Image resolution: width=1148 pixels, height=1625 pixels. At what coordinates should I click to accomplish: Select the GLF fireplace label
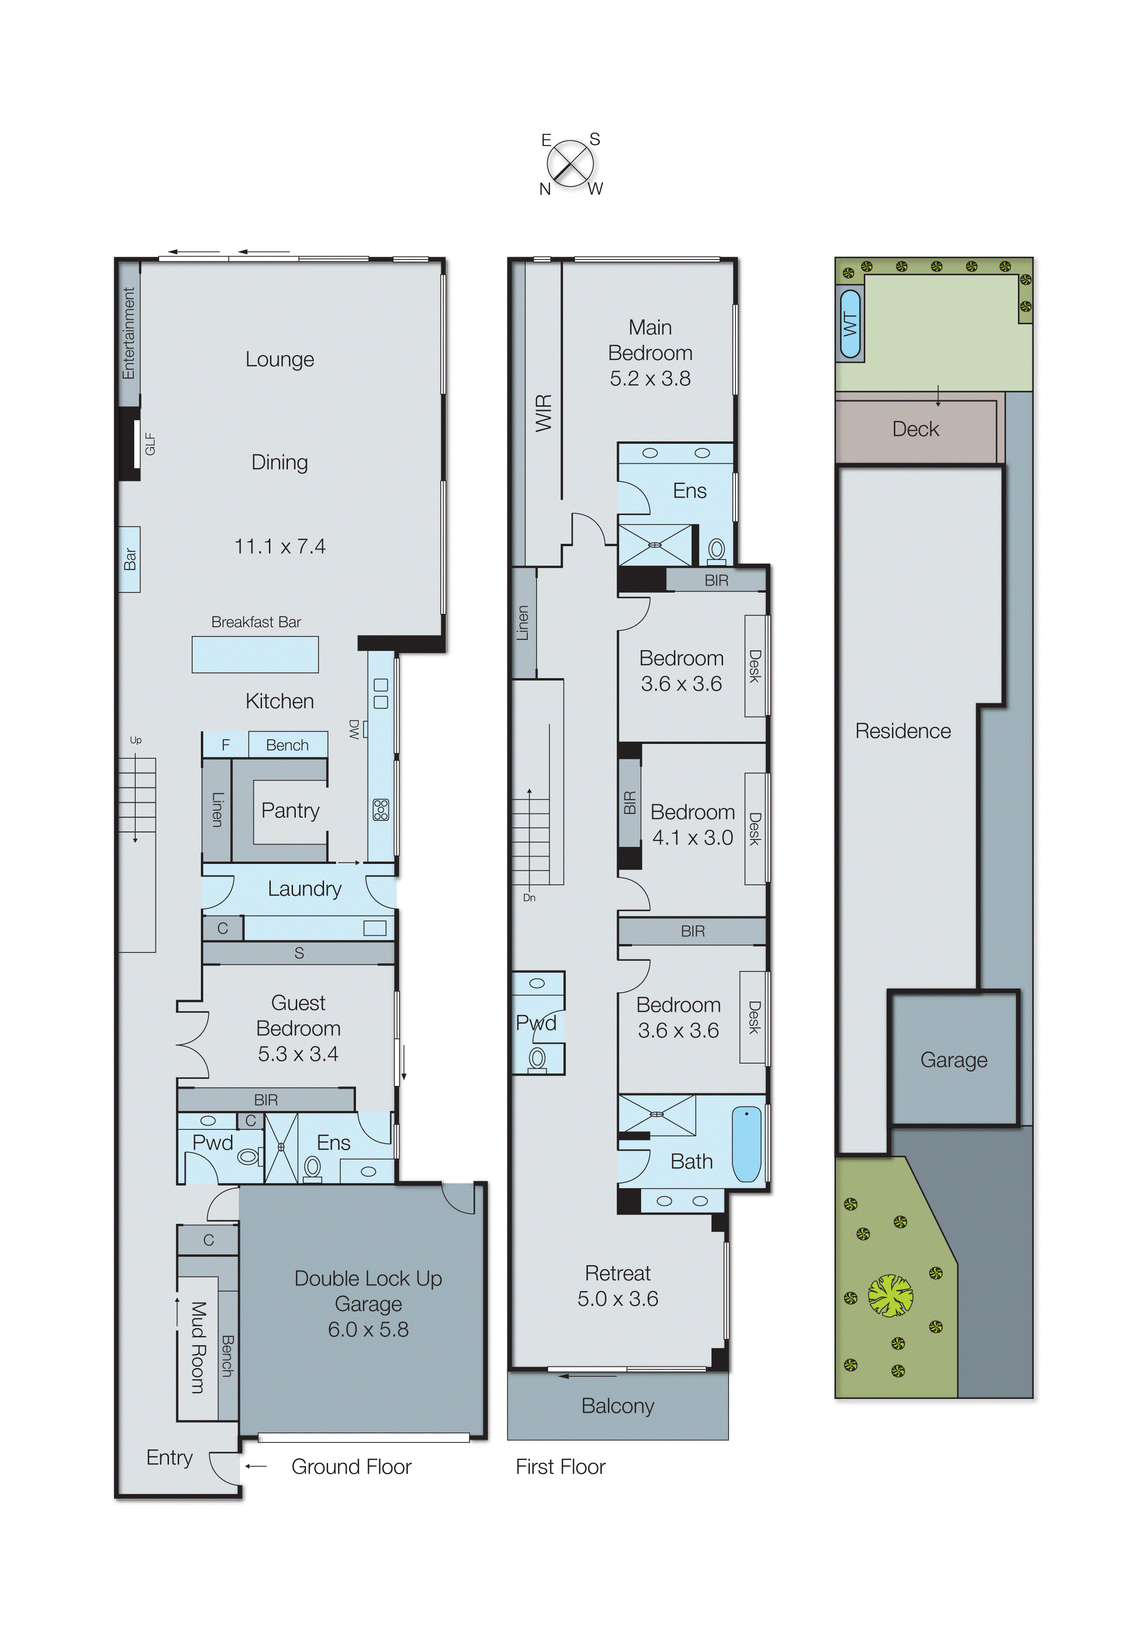click(150, 445)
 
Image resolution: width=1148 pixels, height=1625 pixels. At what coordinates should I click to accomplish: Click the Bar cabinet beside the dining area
click(130, 559)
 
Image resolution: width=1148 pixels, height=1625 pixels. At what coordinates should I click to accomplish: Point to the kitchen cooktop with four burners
click(381, 809)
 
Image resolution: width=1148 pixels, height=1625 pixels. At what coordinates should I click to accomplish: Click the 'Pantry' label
click(290, 810)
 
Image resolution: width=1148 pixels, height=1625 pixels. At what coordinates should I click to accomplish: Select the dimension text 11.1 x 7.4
click(280, 547)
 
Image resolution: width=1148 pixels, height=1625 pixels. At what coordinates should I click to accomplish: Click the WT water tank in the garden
click(849, 324)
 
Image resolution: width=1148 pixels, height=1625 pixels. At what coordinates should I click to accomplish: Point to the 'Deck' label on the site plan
click(915, 429)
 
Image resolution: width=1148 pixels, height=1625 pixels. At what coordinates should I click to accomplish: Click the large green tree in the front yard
click(890, 1296)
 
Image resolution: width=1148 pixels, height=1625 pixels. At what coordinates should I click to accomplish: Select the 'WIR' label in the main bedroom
click(543, 413)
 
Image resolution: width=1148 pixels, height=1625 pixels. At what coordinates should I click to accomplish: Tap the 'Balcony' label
click(618, 1405)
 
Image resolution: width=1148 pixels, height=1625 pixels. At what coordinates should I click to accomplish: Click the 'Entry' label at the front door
click(169, 1457)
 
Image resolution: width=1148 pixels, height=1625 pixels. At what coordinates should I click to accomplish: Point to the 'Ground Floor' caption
click(351, 1467)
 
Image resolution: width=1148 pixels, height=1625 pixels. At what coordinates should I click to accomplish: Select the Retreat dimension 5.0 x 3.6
click(618, 1299)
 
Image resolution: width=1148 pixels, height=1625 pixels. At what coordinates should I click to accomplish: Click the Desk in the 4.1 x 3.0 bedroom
click(755, 829)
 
